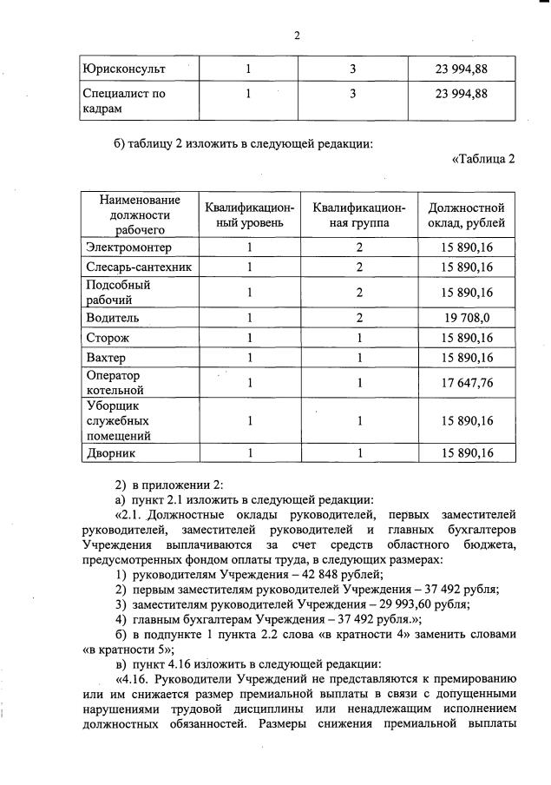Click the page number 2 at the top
(296, 36)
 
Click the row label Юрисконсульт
(125, 68)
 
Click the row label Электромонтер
(128, 247)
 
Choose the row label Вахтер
(106, 356)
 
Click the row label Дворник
(111, 452)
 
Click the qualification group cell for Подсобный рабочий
(359, 292)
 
